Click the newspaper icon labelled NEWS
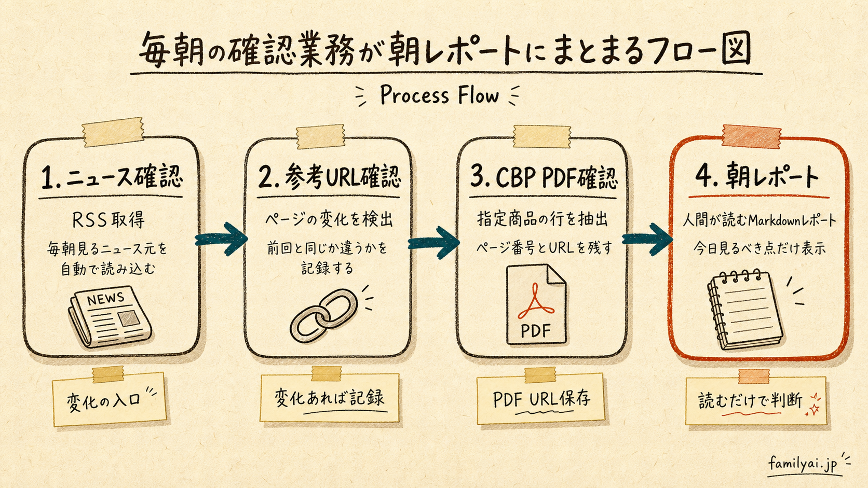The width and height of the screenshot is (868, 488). pyautogui.click(x=110, y=316)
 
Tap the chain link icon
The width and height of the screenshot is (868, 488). pyautogui.click(x=324, y=316)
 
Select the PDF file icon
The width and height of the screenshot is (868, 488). pyautogui.click(x=536, y=304)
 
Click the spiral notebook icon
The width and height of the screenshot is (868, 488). pyautogui.click(x=744, y=310)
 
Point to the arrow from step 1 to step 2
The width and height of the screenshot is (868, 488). pyautogui.click(x=221, y=239)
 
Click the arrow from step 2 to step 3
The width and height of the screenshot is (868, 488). pyautogui.click(x=434, y=242)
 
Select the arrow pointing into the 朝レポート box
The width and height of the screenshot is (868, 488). pyautogui.click(x=647, y=239)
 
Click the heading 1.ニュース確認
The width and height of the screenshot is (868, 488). pyautogui.click(x=112, y=178)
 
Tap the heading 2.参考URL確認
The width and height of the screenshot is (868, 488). pyautogui.click(x=329, y=178)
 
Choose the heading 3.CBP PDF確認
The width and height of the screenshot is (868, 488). pyautogui.click(x=543, y=177)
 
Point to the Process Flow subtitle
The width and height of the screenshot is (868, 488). pyautogui.click(x=439, y=95)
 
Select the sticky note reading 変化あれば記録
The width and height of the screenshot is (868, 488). pyautogui.click(x=329, y=398)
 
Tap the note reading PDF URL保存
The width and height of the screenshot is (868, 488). pyautogui.click(x=540, y=399)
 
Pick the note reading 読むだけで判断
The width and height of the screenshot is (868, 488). pyautogui.click(x=756, y=401)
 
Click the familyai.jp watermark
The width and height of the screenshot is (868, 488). pyautogui.click(x=803, y=463)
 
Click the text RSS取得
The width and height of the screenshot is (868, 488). pyautogui.click(x=108, y=220)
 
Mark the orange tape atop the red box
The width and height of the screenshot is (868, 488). pyautogui.click(x=751, y=136)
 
